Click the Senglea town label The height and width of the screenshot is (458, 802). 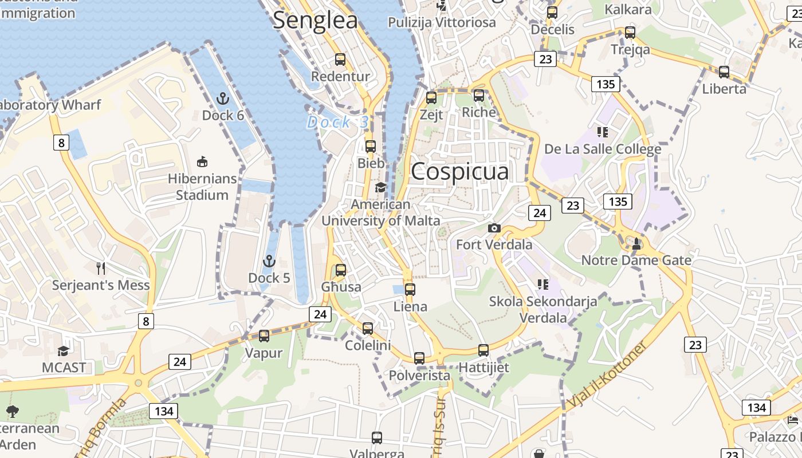click(x=315, y=21)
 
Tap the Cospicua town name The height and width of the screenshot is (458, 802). click(x=459, y=171)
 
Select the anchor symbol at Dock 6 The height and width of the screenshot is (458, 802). click(x=223, y=98)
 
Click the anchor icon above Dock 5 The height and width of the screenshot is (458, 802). click(x=269, y=262)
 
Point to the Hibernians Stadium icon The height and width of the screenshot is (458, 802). click(x=202, y=162)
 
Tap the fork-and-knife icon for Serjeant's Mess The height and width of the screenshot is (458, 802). click(x=101, y=267)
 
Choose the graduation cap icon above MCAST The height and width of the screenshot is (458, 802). click(x=63, y=350)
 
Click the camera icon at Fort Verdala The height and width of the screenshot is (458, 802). click(x=494, y=228)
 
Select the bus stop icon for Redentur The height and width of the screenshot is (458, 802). click(x=340, y=59)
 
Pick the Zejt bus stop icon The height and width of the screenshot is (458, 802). click(x=431, y=97)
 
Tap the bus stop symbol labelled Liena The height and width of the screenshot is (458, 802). click(x=410, y=289)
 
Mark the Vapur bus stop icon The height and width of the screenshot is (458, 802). click(x=264, y=335)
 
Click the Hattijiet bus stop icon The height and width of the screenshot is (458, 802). click(x=483, y=350)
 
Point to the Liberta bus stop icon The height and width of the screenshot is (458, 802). click(x=724, y=72)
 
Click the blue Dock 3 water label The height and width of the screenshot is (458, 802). click(x=338, y=122)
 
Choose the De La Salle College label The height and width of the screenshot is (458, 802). click(x=602, y=149)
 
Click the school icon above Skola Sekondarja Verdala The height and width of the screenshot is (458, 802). click(x=543, y=284)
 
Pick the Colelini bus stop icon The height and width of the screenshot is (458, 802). click(x=368, y=329)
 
